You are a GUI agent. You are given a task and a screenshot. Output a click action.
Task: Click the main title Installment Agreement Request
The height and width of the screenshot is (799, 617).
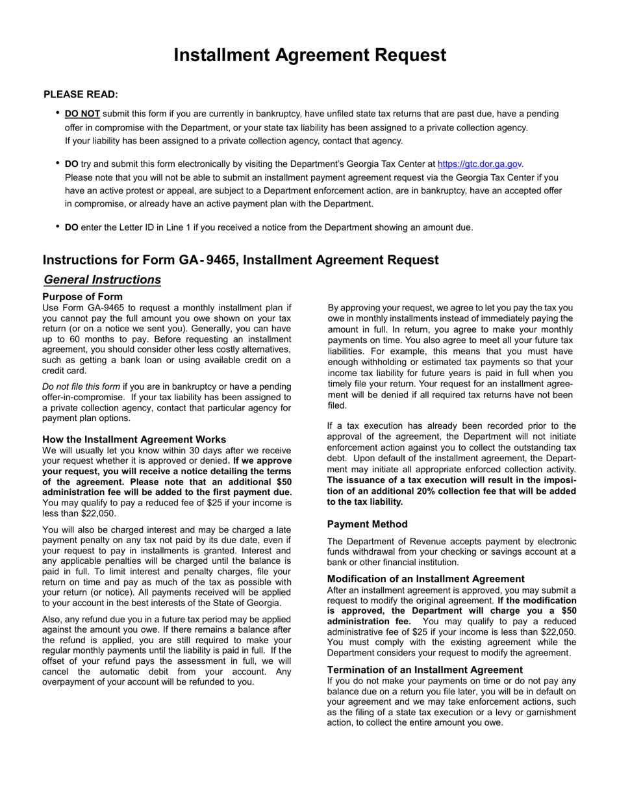310,55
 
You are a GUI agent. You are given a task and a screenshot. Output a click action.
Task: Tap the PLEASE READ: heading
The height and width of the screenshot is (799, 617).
81,95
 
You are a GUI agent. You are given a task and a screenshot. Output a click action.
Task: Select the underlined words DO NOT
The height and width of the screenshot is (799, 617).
82,114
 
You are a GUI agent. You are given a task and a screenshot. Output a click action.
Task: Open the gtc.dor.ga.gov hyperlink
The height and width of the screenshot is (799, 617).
481,164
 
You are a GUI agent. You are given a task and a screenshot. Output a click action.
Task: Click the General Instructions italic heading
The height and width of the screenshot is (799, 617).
103,280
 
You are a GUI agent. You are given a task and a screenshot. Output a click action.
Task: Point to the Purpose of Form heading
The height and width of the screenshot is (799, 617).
82,297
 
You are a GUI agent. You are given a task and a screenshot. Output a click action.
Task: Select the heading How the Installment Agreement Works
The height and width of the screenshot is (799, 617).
134,440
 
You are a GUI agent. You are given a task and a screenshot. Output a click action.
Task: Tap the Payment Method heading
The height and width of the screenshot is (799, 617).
368,524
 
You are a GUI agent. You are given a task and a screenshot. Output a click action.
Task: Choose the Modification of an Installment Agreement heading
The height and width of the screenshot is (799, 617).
426,579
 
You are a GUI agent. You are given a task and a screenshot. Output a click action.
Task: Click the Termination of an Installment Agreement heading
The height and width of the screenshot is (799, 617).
425,670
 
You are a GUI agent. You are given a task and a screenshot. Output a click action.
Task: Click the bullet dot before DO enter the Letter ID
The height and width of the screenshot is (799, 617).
58,227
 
